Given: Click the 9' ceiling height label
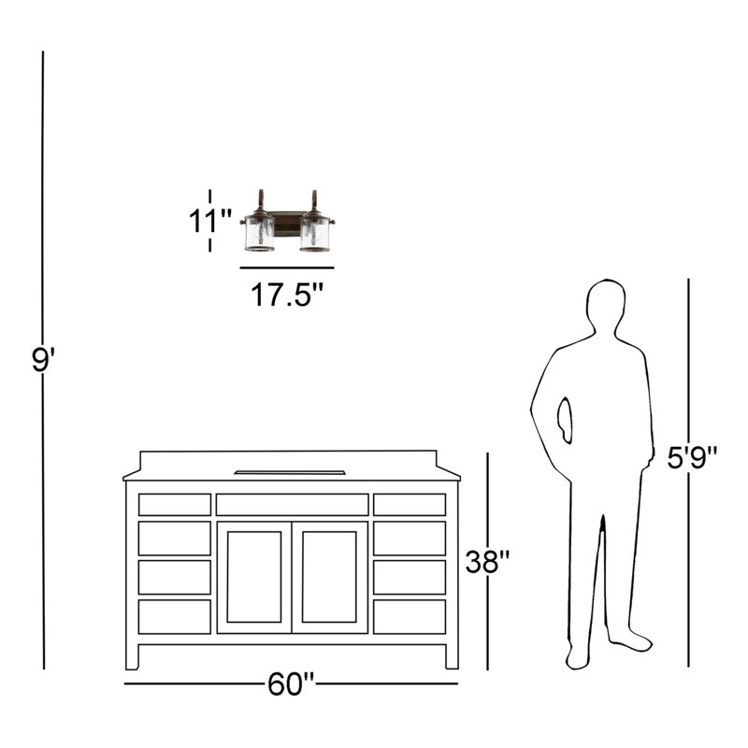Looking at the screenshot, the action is [43, 359].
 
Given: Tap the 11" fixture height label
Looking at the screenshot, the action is [209, 221].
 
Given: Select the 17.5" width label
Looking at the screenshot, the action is [287, 295].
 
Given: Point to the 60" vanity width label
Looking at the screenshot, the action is [291, 684].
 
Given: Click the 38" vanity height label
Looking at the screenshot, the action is [487, 562].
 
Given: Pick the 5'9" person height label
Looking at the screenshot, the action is [692, 457].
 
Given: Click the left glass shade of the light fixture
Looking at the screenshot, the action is [260, 234].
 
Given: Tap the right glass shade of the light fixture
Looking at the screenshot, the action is [315, 234].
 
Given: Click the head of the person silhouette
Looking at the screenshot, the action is [606, 306].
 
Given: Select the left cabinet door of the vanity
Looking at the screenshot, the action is [254, 577].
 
